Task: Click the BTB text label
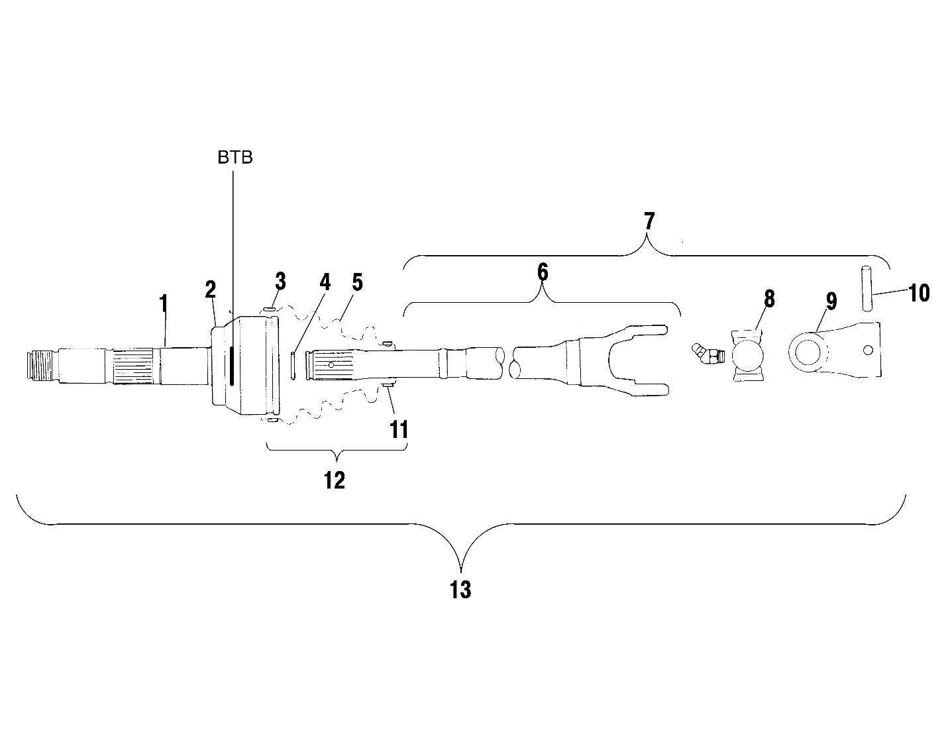(235, 158)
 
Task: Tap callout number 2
(211, 290)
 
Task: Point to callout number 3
(280, 281)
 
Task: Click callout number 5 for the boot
(357, 283)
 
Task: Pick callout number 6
(543, 272)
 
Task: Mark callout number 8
(769, 299)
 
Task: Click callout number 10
(918, 292)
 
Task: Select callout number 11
(398, 429)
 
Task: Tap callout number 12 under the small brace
(335, 480)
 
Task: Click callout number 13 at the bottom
(460, 589)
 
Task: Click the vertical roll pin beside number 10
(867, 288)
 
